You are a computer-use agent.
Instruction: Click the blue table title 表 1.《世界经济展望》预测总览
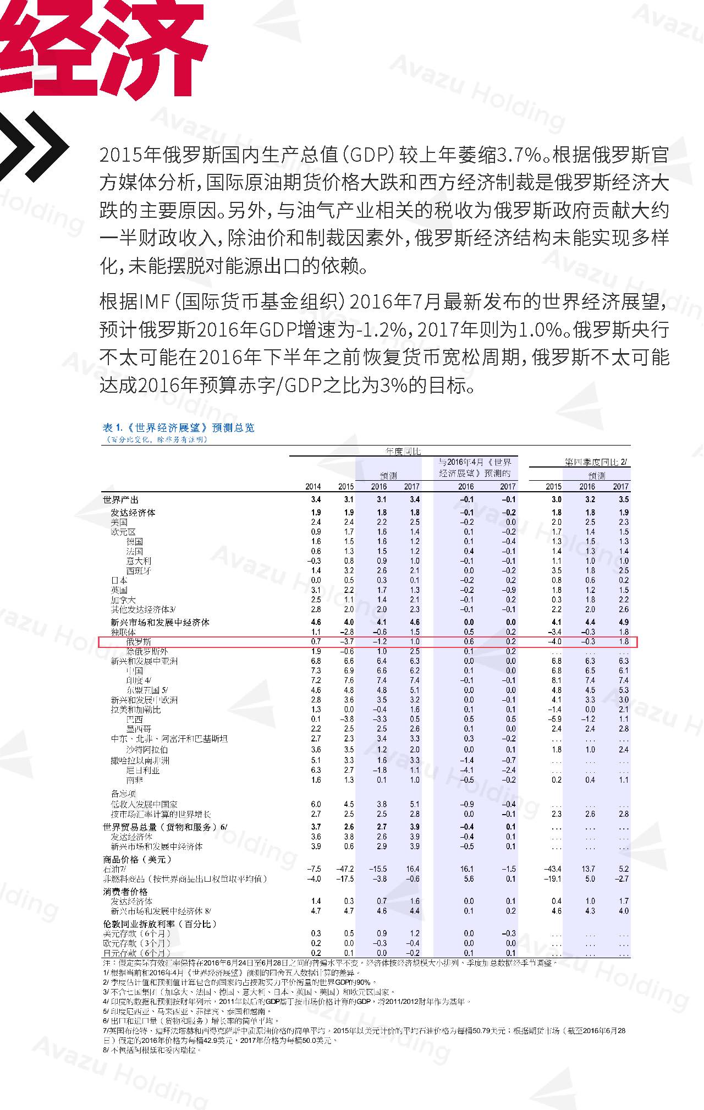(179, 428)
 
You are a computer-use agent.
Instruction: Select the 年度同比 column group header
(403, 452)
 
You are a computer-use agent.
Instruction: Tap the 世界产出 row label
(121, 500)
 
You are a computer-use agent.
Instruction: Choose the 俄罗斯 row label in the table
(138, 642)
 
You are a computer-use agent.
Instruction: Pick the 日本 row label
(119, 580)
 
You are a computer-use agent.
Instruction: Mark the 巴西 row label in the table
(135, 719)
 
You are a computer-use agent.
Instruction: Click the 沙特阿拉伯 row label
(147, 750)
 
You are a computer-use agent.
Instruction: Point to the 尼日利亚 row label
(142, 771)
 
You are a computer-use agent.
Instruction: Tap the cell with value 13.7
(588, 869)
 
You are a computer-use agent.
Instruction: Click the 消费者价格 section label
(125, 892)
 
